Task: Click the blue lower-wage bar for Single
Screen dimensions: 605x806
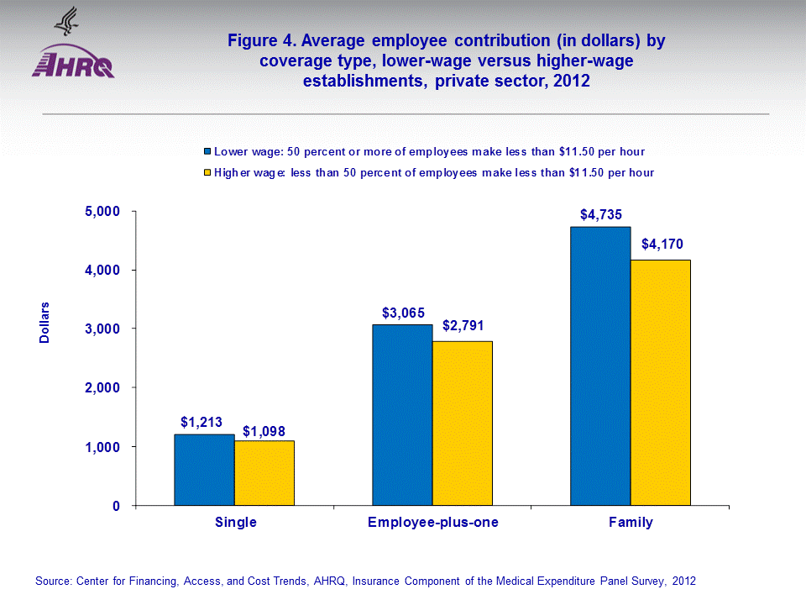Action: point(204,470)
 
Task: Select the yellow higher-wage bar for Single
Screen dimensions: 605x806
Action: point(264,473)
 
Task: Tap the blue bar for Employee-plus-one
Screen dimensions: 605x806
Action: point(402,415)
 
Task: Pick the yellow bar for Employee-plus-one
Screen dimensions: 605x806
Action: point(463,423)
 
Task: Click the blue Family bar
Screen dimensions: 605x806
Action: point(600,366)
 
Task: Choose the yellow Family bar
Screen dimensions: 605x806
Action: point(661,382)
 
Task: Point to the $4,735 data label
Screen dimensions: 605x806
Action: point(601,213)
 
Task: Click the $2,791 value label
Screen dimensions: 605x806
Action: point(463,326)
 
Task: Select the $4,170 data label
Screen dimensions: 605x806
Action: point(662,245)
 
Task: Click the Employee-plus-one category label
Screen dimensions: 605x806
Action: point(433,523)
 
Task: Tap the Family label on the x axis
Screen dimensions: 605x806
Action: point(631,523)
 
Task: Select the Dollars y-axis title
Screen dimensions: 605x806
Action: point(45,323)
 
